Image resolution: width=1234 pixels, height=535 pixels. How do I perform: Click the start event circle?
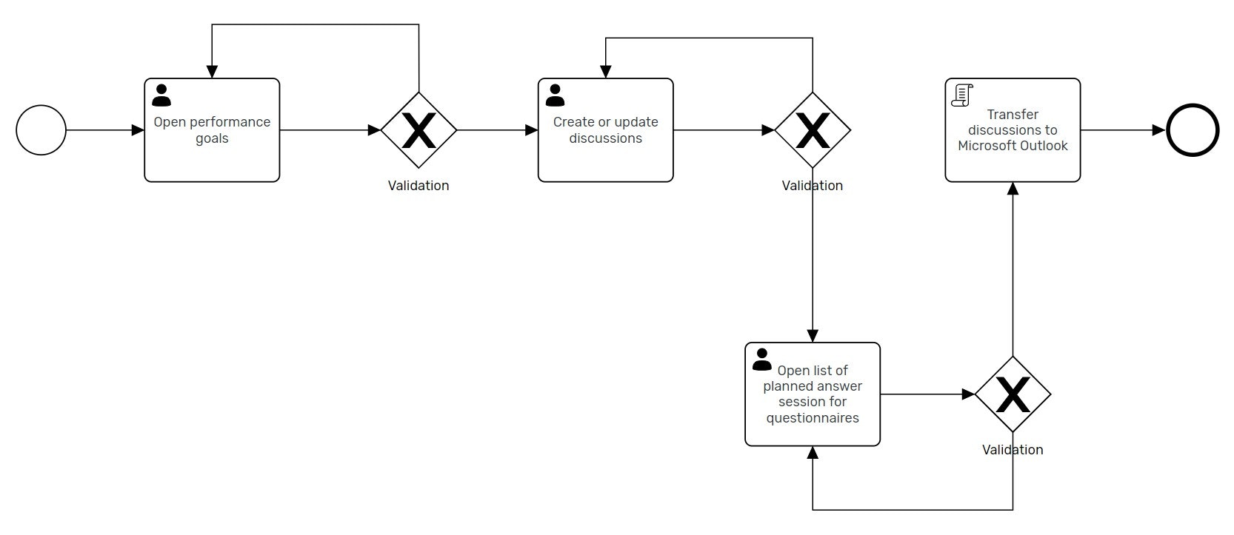41,130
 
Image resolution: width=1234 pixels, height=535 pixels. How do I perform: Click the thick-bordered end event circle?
1192,130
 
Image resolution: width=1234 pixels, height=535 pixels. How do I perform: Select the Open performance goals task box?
212,148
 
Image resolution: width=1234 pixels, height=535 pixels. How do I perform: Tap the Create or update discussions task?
605,152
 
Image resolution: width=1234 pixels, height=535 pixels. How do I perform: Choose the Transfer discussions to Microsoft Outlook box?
1013,159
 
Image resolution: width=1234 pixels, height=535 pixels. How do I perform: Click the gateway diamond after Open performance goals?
418,130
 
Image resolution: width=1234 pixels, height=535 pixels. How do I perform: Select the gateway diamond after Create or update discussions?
813,130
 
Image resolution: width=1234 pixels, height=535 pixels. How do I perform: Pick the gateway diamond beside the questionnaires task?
1013,394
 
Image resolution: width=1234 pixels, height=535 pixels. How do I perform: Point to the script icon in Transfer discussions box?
962,95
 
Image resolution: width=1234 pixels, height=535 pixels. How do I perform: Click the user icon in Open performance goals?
161,95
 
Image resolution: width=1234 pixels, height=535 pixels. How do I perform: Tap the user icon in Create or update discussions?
555,95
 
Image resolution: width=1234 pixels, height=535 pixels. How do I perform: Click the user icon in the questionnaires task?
761,360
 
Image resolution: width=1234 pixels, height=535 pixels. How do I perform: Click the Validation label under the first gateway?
418,186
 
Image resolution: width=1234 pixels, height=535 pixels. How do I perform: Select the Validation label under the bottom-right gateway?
1013,450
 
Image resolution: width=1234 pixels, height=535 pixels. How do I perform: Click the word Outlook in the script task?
1044,146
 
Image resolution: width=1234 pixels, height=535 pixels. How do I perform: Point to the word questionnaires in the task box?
813,418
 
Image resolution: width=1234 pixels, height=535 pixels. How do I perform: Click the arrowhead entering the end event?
1159,130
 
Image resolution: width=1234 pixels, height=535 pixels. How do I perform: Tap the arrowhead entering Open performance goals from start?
138,130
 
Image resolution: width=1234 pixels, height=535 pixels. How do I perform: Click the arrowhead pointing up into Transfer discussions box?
1013,188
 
